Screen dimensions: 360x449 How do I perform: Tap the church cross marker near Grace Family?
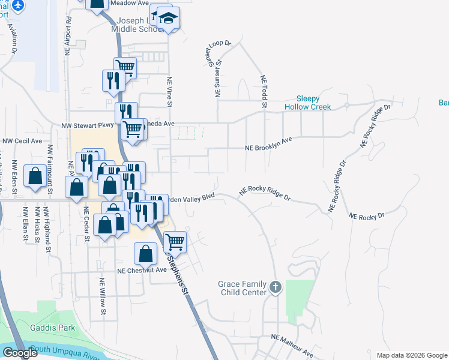[276, 287]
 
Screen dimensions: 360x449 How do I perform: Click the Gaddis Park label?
[53, 328]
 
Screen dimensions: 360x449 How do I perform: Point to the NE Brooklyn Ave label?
[268, 144]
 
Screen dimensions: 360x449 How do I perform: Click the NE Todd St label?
[263, 92]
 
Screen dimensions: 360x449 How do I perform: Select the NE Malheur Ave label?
[292, 346]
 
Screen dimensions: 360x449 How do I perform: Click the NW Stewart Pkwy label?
[87, 125]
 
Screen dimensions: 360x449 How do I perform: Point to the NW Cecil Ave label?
[22, 141]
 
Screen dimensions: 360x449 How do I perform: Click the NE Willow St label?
[103, 296]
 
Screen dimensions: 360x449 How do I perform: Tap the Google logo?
[20, 353]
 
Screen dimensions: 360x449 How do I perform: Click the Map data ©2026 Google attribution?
[412, 355]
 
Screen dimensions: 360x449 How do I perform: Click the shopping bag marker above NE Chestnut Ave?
[146, 254]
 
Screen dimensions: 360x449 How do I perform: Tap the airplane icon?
[18, 5]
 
